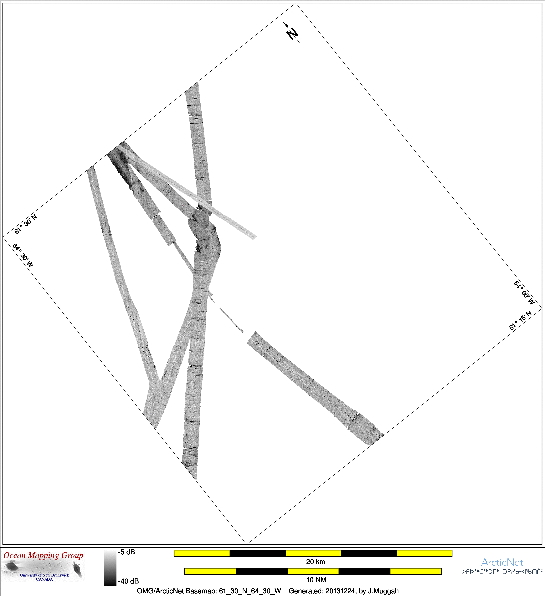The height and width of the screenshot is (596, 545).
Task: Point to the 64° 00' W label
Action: (x=524, y=293)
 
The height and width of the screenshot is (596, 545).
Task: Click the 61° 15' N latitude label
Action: (x=520, y=320)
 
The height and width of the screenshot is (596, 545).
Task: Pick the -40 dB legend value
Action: (x=128, y=581)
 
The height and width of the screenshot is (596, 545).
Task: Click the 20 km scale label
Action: (x=316, y=562)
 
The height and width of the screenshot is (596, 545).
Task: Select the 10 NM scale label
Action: (x=316, y=580)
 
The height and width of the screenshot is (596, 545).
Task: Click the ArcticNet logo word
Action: (x=502, y=562)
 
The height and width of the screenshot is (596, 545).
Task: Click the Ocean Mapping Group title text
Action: (x=44, y=556)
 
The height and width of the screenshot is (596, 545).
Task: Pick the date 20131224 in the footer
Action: (x=340, y=591)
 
